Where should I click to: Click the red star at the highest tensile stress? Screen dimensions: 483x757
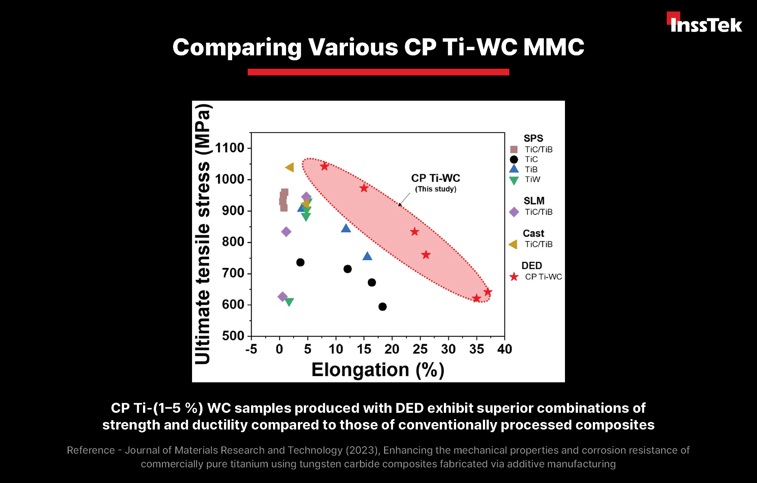point(325,166)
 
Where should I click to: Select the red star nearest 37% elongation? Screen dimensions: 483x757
point(488,292)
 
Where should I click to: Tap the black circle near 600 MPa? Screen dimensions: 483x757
point(383,307)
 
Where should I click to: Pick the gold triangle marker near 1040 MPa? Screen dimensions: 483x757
point(290,168)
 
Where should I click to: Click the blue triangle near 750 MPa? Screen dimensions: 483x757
point(367,256)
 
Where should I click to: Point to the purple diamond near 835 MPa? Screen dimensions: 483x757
point(286,232)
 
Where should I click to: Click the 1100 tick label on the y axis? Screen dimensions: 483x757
point(230,148)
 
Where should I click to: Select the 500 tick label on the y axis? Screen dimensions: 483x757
point(233,336)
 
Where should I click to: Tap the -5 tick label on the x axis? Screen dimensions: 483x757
point(251,349)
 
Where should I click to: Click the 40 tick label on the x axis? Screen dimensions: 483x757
point(504,349)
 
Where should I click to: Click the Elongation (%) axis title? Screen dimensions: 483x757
point(378,370)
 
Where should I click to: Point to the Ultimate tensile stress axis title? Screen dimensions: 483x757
point(203,234)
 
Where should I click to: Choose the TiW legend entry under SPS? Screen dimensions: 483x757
point(532,179)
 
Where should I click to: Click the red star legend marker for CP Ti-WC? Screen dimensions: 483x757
point(514,277)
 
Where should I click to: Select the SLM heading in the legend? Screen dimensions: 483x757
point(534,201)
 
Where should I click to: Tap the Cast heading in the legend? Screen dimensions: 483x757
point(533,233)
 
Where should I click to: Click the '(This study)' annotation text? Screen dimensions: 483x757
point(435,189)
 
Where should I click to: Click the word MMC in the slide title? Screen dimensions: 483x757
point(553,47)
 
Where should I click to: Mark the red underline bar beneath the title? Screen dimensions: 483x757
point(378,72)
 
